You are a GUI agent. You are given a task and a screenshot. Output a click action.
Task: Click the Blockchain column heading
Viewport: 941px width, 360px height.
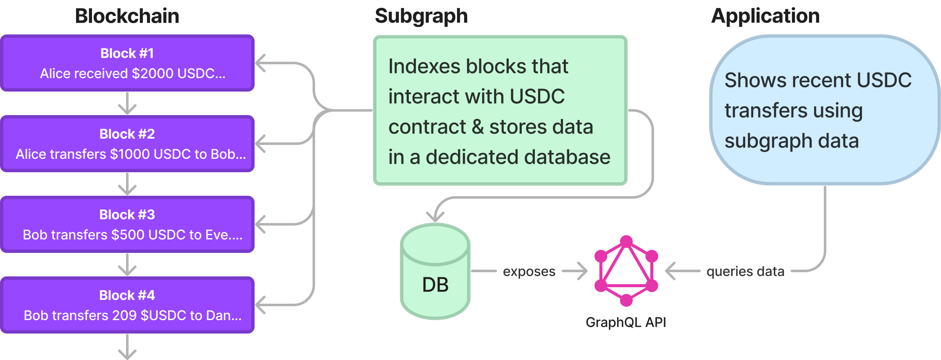pos(127,16)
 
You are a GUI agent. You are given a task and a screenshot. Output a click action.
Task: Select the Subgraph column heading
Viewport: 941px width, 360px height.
pos(421,16)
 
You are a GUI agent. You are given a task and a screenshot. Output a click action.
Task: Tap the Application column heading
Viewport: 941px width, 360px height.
pos(765,16)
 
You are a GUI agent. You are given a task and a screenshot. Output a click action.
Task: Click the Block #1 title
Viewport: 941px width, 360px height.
pos(127,53)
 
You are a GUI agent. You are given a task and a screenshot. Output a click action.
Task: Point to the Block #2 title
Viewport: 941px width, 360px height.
pos(127,134)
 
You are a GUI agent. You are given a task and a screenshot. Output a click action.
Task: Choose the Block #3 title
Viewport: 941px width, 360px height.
pos(127,215)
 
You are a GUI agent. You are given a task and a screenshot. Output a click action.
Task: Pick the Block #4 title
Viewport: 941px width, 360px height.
pos(127,295)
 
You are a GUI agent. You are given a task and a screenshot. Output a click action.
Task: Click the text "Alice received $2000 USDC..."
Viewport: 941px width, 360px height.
pos(133,74)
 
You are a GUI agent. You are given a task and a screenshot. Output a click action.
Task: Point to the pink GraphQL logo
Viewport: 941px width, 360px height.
pos(626,271)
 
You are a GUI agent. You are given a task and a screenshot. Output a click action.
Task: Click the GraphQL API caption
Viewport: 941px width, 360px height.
pos(626,322)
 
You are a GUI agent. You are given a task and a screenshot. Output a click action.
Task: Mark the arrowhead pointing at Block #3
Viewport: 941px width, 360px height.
pos(261,224)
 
